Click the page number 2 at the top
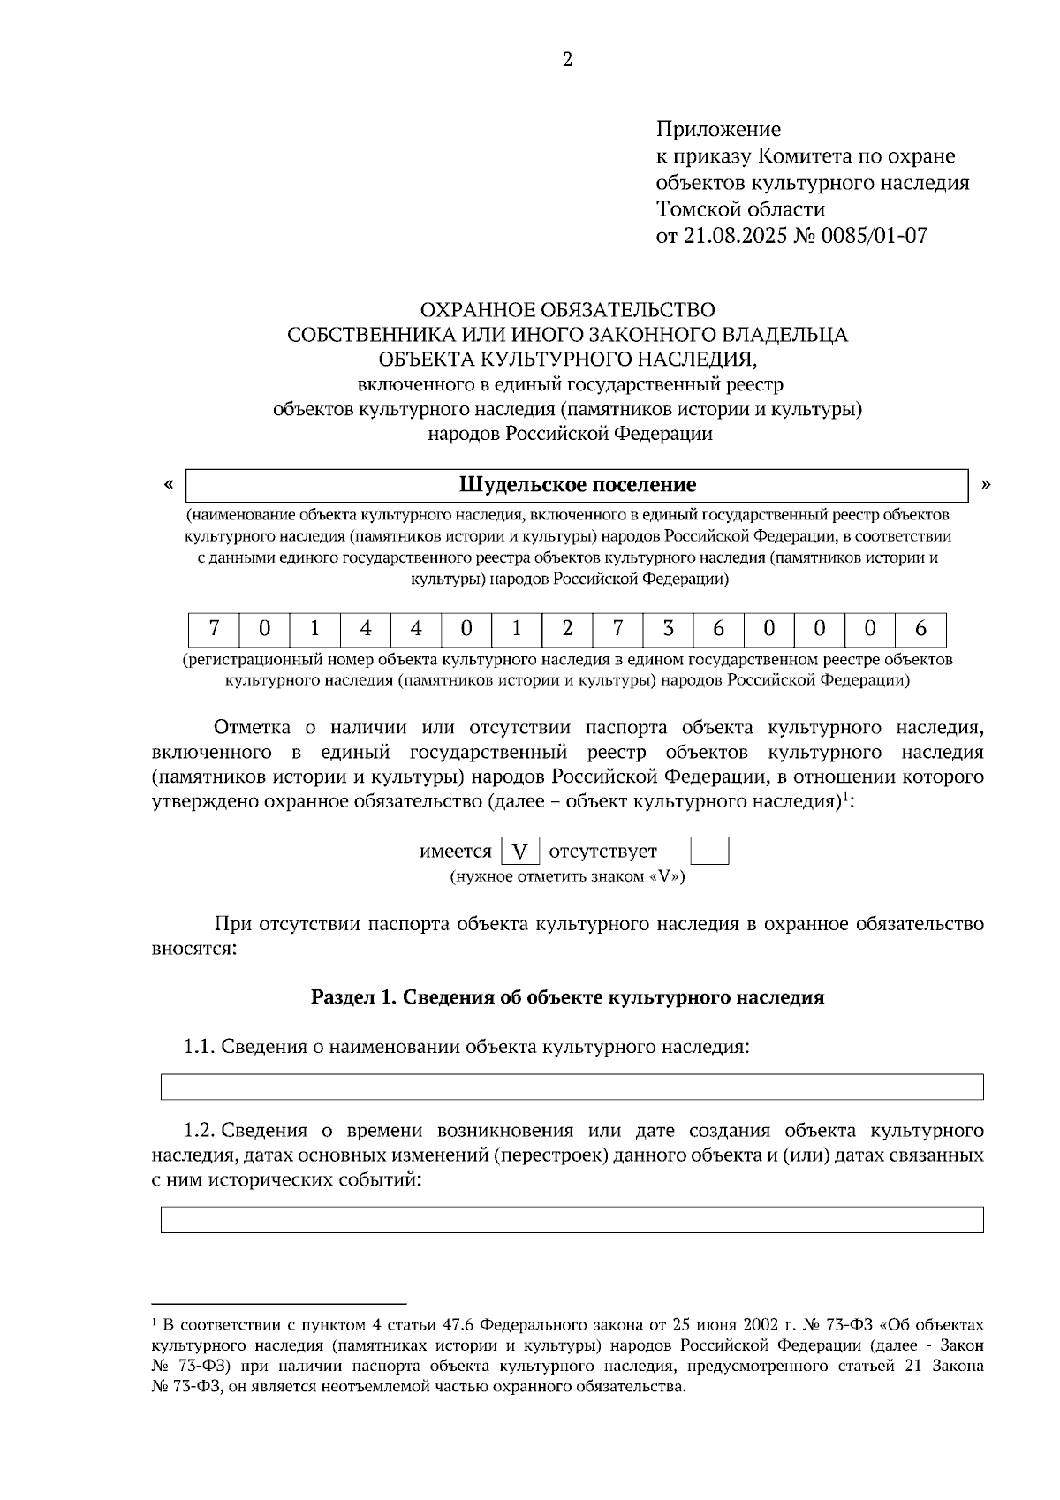click(567, 60)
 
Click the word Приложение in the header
click(717, 130)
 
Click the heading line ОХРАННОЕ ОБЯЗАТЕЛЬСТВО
click(567, 310)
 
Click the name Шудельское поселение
click(577, 485)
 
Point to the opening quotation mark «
click(168, 484)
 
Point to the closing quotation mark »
click(986, 484)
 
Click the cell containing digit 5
click(668, 629)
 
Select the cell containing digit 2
click(567, 629)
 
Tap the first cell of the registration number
click(214, 629)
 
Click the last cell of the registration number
click(920, 629)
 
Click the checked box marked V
click(520, 852)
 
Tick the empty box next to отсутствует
click(708, 852)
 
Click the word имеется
click(455, 852)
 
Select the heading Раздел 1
click(567, 997)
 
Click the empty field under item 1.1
click(572, 1087)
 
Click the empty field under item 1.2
click(572, 1220)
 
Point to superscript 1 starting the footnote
click(155, 1322)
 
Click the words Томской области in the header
click(740, 209)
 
